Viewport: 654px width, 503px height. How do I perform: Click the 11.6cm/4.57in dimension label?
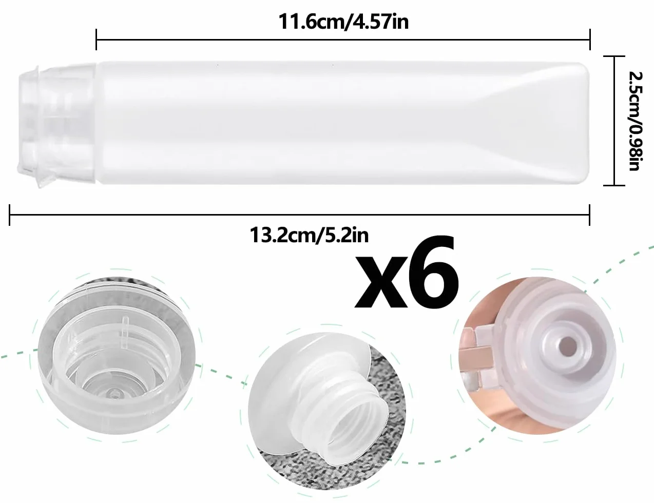(343, 22)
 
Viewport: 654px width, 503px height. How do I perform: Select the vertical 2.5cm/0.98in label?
(636, 121)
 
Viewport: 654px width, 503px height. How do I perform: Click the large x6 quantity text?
(407, 274)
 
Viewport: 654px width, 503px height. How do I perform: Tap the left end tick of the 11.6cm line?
(97, 40)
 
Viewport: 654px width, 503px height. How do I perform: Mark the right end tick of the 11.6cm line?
(590, 40)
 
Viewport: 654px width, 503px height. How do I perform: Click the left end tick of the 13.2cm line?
(10, 215)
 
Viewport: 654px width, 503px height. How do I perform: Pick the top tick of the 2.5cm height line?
(614, 56)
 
